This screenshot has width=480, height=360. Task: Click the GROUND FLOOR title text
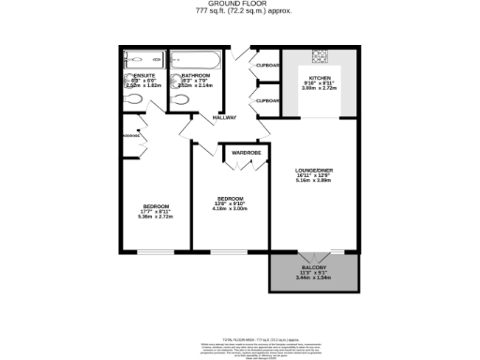pos(239,5)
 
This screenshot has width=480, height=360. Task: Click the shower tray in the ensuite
pos(143,58)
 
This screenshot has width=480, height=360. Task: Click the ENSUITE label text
pos(143,74)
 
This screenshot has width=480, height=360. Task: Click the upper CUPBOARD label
pos(269,65)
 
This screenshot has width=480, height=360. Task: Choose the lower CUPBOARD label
pos(269,99)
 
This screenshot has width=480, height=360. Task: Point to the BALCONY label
pos(314,268)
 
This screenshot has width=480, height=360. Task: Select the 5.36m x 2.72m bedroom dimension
pos(156,217)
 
